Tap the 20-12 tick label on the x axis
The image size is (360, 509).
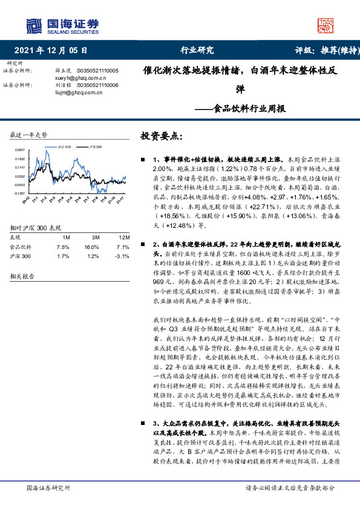pyautogui.click(x=27, y=199)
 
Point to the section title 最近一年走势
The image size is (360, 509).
pyautogui.click(x=28, y=134)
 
